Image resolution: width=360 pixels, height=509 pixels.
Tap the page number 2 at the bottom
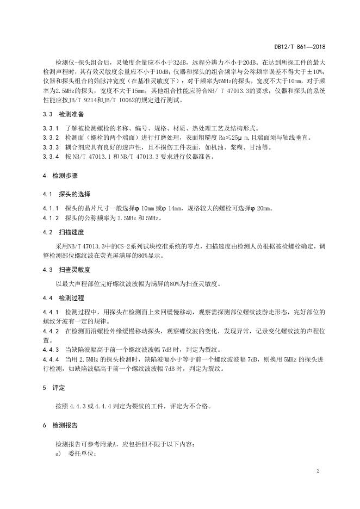click(316, 471)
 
